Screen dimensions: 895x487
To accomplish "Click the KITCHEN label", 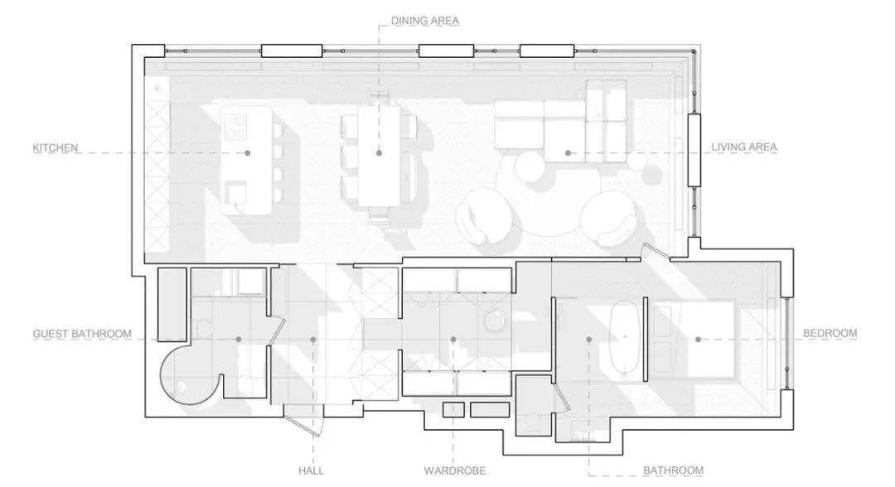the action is pyautogui.click(x=55, y=147).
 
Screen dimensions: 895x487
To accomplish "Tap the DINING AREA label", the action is pyautogui.click(x=424, y=21).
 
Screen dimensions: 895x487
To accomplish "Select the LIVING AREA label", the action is pyautogui.click(x=743, y=147).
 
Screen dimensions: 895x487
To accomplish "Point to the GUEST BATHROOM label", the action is pyautogui.click(x=81, y=334).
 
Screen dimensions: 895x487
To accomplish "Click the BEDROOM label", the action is pyautogui.click(x=830, y=333).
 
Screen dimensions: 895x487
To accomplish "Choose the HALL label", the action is pyautogui.click(x=311, y=470).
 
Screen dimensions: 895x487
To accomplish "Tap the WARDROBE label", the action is pyautogui.click(x=454, y=470).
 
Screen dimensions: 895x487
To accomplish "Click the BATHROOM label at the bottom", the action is pyautogui.click(x=673, y=470).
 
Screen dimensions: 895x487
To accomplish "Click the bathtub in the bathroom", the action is pyautogui.click(x=625, y=336).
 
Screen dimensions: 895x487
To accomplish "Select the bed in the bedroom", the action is pyautogui.click(x=694, y=340).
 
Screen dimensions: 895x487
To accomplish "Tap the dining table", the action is pyautogui.click(x=379, y=157).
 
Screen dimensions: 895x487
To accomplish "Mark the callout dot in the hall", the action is pyautogui.click(x=312, y=340).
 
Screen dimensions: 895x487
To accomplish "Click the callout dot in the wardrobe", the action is pyautogui.click(x=453, y=340).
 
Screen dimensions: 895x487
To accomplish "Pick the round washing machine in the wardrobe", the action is pyautogui.click(x=494, y=320).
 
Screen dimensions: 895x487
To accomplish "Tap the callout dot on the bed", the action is pyautogui.click(x=698, y=340).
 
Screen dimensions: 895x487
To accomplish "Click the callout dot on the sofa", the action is pyautogui.click(x=568, y=153).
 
